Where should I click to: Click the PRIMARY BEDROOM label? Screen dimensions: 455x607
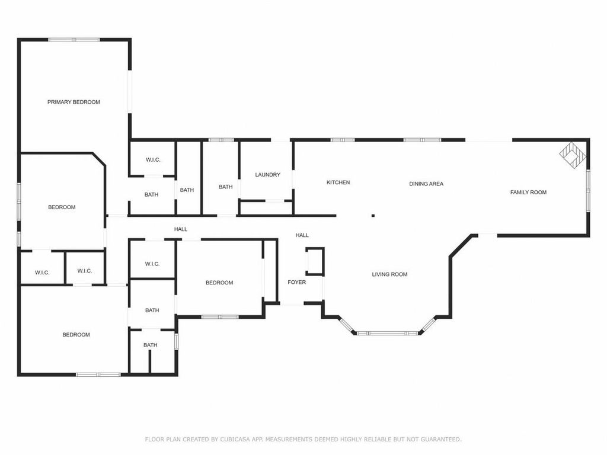[74, 102]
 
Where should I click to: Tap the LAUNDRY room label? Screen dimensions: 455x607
[267, 175]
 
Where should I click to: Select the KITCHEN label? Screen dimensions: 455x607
[338, 182]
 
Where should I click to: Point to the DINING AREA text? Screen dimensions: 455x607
[426, 184]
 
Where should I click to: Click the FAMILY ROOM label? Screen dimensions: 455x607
[528, 192]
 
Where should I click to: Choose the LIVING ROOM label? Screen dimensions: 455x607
[389, 274]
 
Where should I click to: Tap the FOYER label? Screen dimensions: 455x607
[296, 282]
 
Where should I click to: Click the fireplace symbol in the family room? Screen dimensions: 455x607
[573, 155]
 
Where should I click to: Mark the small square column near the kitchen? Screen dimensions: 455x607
[373, 216]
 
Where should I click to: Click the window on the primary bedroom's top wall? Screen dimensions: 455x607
[74, 40]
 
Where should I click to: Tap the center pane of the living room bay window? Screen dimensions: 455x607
[387, 333]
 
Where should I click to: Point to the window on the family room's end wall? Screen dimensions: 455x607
[588, 190]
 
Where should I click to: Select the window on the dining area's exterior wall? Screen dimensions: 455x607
[422, 140]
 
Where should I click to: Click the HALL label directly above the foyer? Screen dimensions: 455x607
[302, 235]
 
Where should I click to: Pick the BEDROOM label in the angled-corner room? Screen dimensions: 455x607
[62, 207]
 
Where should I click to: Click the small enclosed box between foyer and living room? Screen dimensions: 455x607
[315, 261]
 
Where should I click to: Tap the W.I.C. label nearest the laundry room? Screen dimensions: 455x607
[152, 160]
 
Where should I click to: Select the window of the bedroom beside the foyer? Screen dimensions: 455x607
[220, 316]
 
